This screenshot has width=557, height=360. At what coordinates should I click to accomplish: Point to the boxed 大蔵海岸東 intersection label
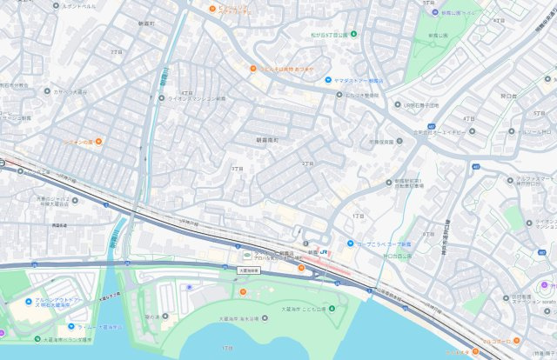[x=249, y=270]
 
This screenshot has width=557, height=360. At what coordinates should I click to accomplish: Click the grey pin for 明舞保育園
[x=399, y=141]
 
